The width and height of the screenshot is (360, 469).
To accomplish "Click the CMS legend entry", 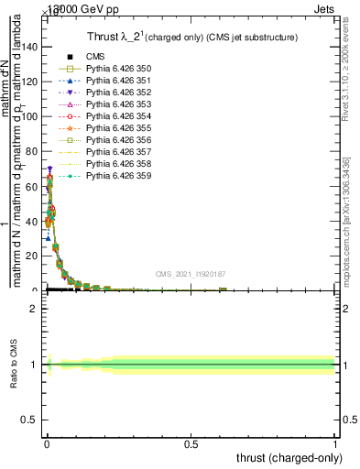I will point(96,57).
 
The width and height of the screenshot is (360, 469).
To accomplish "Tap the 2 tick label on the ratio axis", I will point(34,309).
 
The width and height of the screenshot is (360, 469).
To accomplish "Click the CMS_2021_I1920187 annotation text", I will point(191,274).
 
